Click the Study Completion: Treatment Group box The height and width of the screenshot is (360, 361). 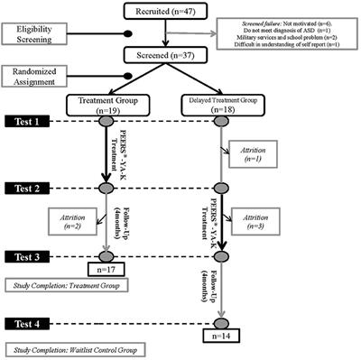coord(63,285)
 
